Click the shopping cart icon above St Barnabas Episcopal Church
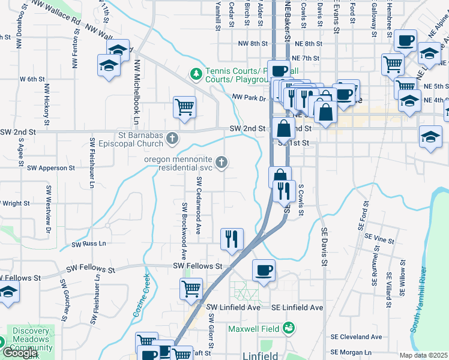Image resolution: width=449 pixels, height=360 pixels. (x=184, y=107)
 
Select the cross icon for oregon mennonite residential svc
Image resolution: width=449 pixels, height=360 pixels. (x=222, y=161)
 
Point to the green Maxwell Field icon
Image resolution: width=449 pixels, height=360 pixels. (x=289, y=328)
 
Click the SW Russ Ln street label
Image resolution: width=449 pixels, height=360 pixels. (x=89, y=244)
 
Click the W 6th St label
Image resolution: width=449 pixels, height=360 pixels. (x=32, y=79)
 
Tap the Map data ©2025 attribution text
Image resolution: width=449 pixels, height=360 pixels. (x=424, y=355)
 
